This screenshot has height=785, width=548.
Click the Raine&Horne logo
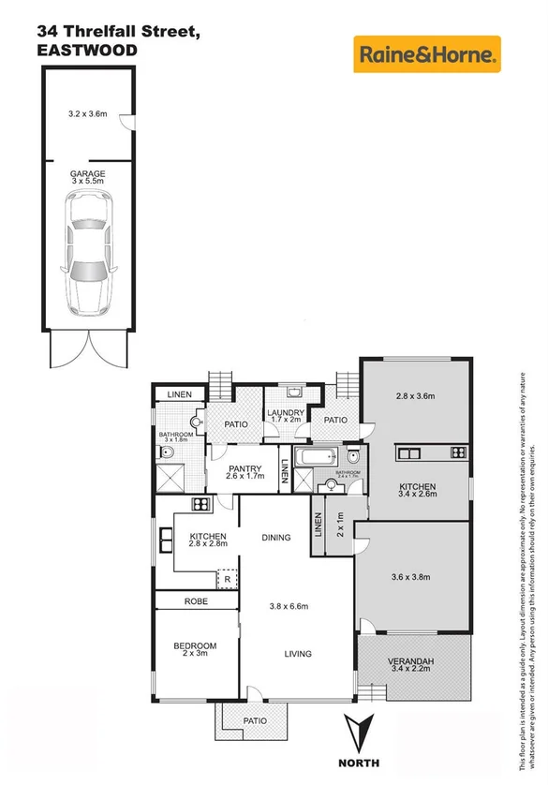426,55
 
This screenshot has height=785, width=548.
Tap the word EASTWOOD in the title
87,50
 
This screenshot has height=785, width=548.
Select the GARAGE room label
87,173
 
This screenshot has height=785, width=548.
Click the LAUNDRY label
285,413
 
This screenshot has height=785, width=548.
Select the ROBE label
196,602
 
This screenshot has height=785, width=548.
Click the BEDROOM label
195,645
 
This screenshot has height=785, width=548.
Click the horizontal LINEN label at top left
179,395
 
